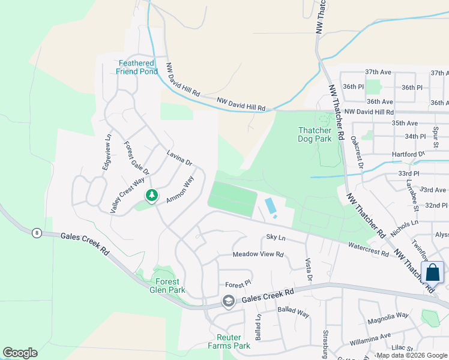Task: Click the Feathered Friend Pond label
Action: click(x=137, y=67)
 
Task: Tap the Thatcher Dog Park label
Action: click(x=315, y=134)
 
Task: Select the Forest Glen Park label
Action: click(x=167, y=285)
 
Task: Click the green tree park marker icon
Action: click(x=152, y=196)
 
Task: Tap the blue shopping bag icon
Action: click(x=432, y=273)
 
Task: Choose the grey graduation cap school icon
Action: click(x=228, y=301)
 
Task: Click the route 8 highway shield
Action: click(x=37, y=233)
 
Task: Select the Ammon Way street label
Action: click(x=181, y=188)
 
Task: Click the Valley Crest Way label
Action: click(x=127, y=195)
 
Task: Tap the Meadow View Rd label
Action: click(x=258, y=254)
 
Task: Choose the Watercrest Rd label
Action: click(x=368, y=250)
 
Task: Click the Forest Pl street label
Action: click(x=238, y=284)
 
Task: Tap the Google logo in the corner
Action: click(x=20, y=353)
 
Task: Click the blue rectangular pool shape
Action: click(x=271, y=206)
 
